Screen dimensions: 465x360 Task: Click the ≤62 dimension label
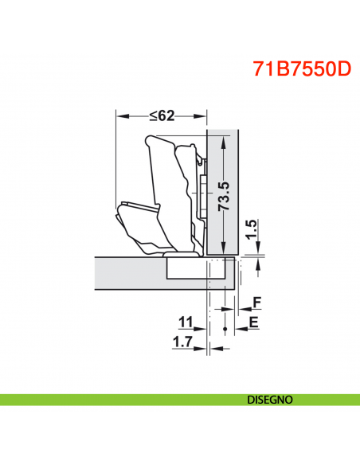tap(162, 115)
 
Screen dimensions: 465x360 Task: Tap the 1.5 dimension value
tap(251, 231)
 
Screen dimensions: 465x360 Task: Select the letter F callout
tap(256, 303)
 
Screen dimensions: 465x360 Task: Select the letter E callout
tap(253, 322)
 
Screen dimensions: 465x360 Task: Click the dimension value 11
tap(186, 322)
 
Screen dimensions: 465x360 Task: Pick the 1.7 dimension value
tap(182, 342)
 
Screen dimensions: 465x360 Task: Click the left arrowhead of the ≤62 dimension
tap(120, 115)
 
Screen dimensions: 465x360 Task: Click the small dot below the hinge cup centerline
tap(226, 329)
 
